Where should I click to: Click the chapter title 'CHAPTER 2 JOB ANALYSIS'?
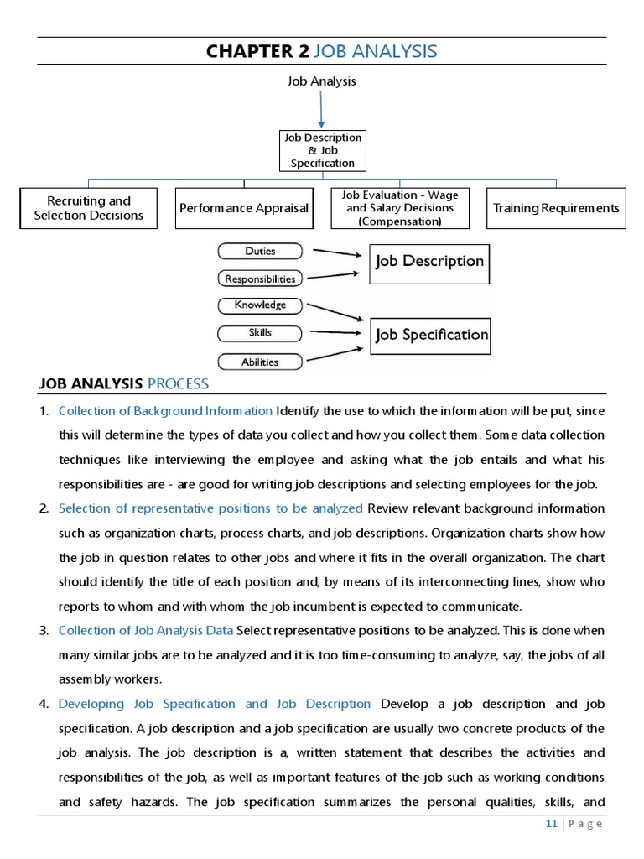322,51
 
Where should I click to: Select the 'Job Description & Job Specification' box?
322,151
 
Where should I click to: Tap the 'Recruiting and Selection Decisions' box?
89,208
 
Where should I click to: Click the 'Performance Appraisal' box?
244,208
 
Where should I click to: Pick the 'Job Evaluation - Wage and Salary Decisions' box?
400,208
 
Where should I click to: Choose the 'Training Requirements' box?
556,208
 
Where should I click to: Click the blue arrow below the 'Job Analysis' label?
321,109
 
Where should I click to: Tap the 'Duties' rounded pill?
260,251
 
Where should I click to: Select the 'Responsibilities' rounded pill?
260,279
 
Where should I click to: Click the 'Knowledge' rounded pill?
260,305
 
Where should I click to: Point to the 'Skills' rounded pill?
260,333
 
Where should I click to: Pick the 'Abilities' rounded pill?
260,362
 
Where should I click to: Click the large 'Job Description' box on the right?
429,262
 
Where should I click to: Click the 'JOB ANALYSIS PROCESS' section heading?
124,384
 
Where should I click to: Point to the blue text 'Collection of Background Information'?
165,411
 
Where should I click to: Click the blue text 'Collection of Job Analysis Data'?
146,631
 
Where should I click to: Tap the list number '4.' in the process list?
44,704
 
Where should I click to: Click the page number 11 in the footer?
551,824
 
